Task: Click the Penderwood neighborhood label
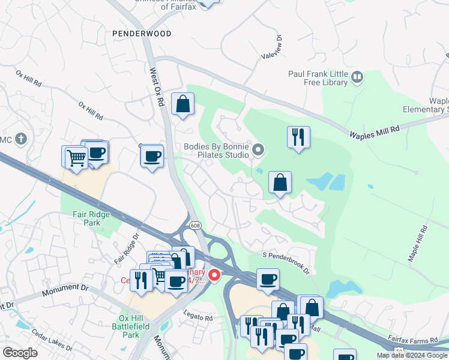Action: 141,34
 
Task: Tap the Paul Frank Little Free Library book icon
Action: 357,76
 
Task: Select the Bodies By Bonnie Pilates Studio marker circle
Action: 259,149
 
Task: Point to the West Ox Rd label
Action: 156,86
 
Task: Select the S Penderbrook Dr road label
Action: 286,263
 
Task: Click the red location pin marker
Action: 214,275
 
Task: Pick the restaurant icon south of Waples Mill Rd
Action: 298,137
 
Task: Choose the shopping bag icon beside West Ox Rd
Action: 182,104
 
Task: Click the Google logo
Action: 20,353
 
